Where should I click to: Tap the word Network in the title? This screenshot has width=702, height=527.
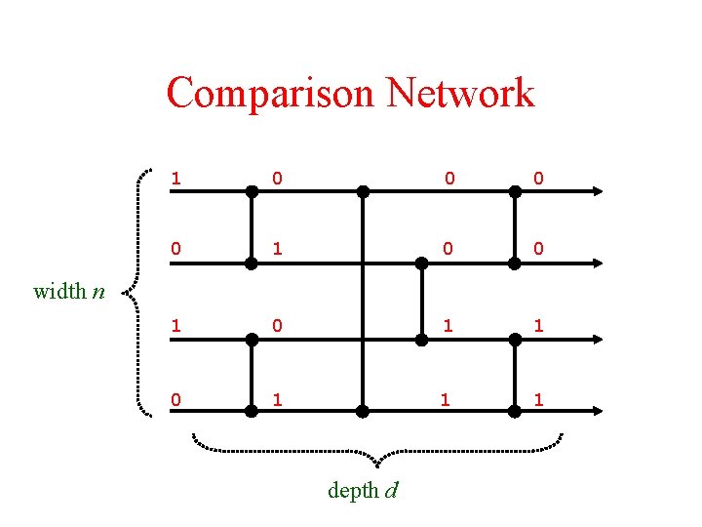(460, 94)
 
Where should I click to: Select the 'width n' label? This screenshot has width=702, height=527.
(69, 290)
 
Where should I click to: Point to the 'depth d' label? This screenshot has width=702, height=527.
(362, 490)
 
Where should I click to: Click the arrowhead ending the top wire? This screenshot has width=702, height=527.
(596, 191)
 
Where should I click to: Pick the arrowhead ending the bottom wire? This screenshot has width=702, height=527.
(596, 412)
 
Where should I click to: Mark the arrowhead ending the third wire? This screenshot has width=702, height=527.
(596, 339)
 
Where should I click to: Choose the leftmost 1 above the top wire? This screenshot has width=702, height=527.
(175, 179)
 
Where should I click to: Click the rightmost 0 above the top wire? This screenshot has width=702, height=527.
(539, 179)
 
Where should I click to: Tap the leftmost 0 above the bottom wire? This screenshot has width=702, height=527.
(175, 399)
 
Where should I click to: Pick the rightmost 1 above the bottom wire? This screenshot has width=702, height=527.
(539, 399)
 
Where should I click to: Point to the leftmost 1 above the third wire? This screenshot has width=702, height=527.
(175, 326)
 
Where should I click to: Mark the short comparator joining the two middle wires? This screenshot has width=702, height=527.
(422, 302)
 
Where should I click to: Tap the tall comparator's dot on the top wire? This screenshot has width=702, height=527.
(362, 191)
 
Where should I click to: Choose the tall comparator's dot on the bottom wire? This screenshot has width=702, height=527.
(362, 412)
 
